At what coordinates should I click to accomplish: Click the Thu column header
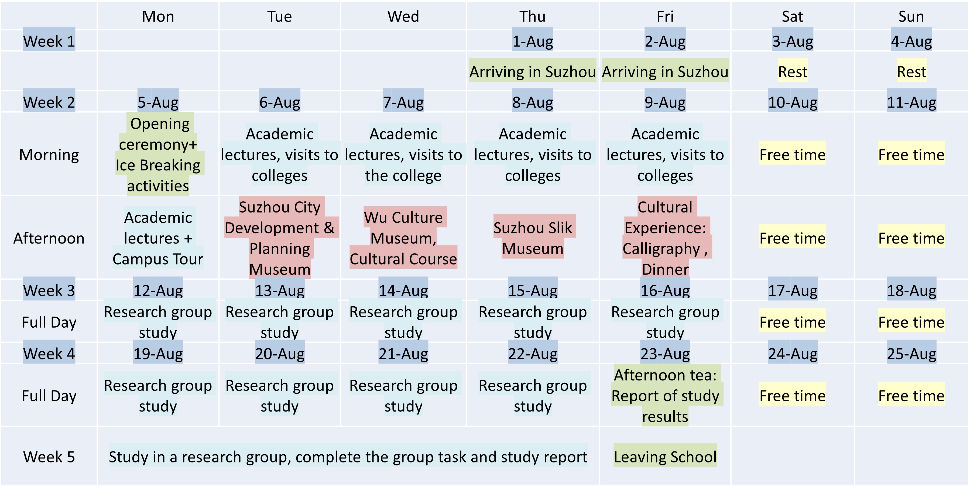(x=532, y=16)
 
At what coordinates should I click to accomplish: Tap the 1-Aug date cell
(x=532, y=41)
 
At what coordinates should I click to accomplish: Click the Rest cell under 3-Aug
(x=793, y=71)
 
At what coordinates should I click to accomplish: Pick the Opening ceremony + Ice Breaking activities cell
(x=158, y=155)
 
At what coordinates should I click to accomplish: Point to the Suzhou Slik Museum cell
(x=532, y=238)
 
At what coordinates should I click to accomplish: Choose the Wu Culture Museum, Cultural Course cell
(x=403, y=238)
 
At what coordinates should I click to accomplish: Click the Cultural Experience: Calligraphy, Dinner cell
(x=665, y=238)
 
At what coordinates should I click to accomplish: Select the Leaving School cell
(x=665, y=457)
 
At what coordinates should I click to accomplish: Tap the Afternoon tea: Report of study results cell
(x=665, y=396)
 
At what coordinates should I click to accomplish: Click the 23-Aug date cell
(x=665, y=353)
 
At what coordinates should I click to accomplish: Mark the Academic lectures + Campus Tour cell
(x=158, y=238)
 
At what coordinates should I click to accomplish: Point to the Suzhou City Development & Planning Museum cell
(x=279, y=238)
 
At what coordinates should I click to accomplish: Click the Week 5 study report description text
(x=348, y=457)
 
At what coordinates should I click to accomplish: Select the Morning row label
(x=49, y=155)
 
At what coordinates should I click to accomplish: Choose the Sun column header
(x=911, y=16)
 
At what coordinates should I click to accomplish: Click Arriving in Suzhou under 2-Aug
(x=665, y=71)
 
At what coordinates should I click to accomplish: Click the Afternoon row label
(x=49, y=238)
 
